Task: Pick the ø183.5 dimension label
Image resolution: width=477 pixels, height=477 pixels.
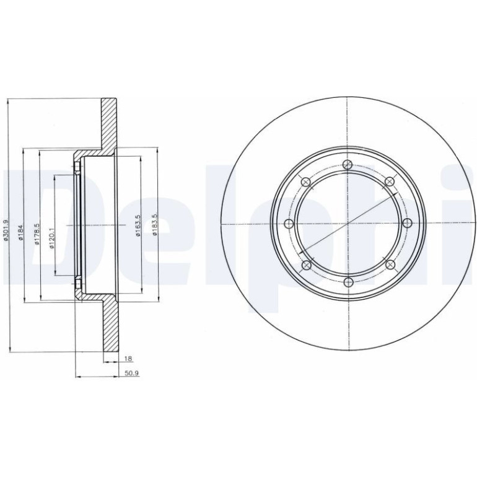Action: coord(154,224)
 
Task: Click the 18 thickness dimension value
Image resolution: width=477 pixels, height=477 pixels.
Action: coord(128,359)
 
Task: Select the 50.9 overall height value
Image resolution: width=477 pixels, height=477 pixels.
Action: coord(131,374)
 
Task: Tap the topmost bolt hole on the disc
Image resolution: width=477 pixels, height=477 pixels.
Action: coord(348,165)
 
